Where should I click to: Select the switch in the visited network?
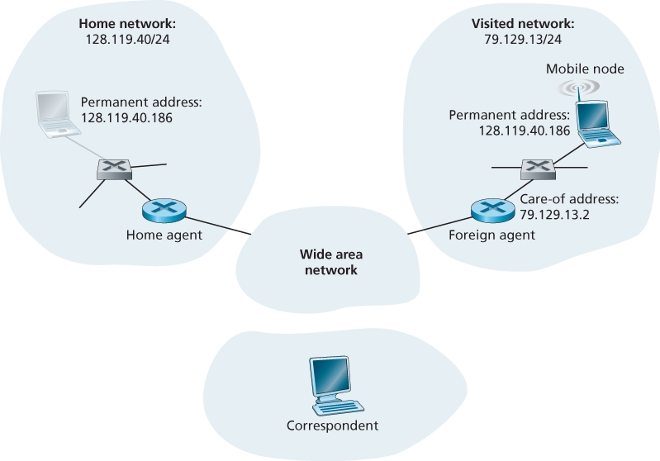click(x=538, y=169)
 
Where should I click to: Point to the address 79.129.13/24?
click(x=522, y=39)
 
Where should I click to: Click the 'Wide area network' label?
click(x=330, y=261)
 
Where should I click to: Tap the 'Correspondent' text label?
click(x=331, y=426)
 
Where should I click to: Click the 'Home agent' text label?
click(x=164, y=235)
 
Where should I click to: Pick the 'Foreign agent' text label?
click(x=491, y=235)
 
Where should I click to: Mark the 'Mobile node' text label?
click(x=585, y=69)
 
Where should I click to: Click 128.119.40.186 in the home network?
click(x=126, y=118)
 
